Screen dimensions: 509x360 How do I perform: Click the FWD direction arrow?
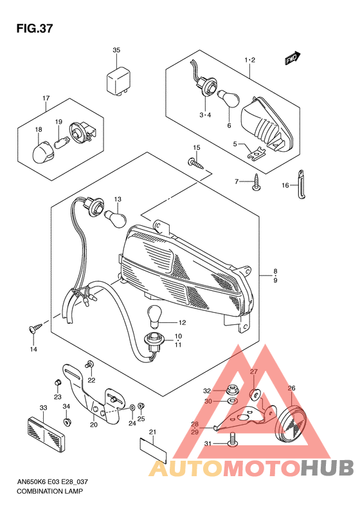point(292,59)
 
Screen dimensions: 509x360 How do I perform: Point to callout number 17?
point(46,98)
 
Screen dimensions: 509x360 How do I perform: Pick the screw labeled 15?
point(197,164)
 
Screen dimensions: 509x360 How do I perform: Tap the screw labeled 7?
point(256,183)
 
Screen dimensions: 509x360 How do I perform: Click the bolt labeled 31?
point(231,443)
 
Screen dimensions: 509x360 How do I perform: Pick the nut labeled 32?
point(229,390)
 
